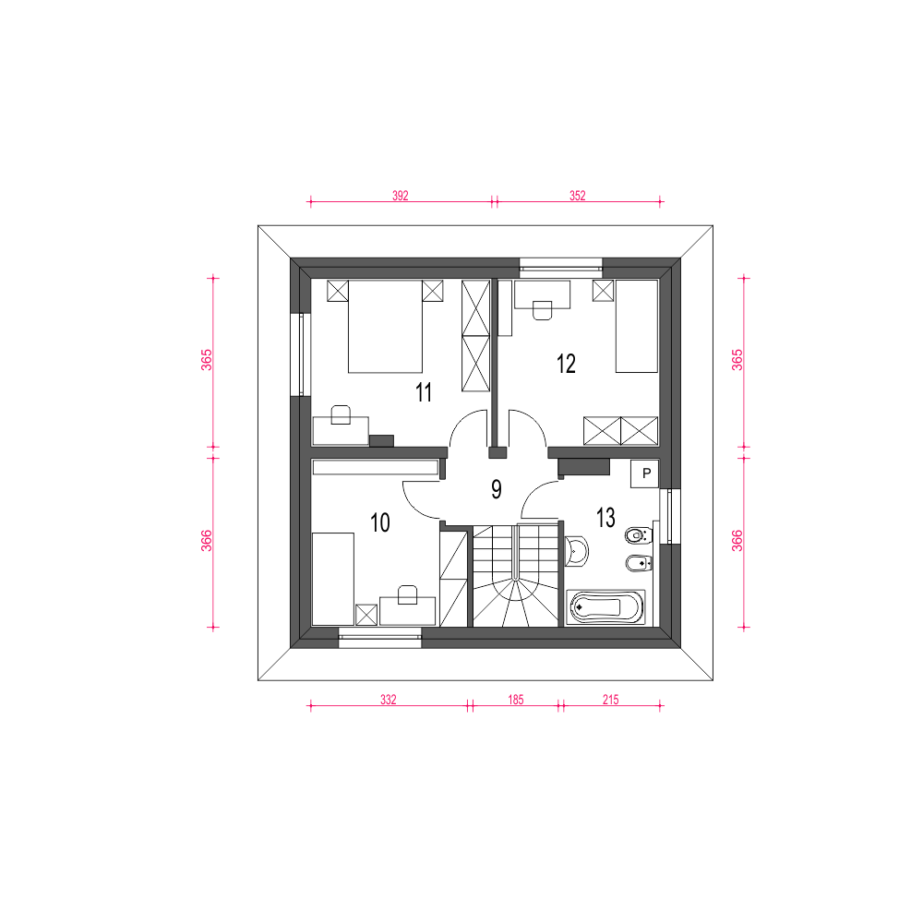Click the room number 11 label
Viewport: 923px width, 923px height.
pyautogui.click(x=424, y=392)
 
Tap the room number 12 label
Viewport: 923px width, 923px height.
pyautogui.click(x=566, y=363)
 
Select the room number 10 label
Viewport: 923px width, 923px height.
pyautogui.click(x=380, y=522)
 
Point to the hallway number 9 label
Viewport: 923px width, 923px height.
pyautogui.click(x=497, y=489)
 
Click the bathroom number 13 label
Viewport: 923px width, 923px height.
pyautogui.click(x=605, y=518)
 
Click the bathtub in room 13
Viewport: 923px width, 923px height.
pyautogui.click(x=605, y=607)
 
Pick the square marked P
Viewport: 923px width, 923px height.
pyautogui.click(x=644, y=473)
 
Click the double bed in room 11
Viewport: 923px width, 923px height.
pyautogui.click(x=385, y=326)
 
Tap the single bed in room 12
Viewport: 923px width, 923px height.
pyautogui.click(x=636, y=326)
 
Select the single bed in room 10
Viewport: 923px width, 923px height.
pyautogui.click(x=332, y=579)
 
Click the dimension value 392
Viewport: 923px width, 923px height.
pyautogui.click(x=401, y=196)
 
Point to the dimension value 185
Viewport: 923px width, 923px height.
pyautogui.click(x=516, y=700)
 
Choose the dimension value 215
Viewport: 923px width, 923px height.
pyautogui.click(x=610, y=700)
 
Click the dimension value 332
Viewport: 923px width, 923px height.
pyautogui.click(x=389, y=700)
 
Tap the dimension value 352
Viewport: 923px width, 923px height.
pyautogui.click(x=578, y=196)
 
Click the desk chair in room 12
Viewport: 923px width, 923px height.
pyautogui.click(x=542, y=310)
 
